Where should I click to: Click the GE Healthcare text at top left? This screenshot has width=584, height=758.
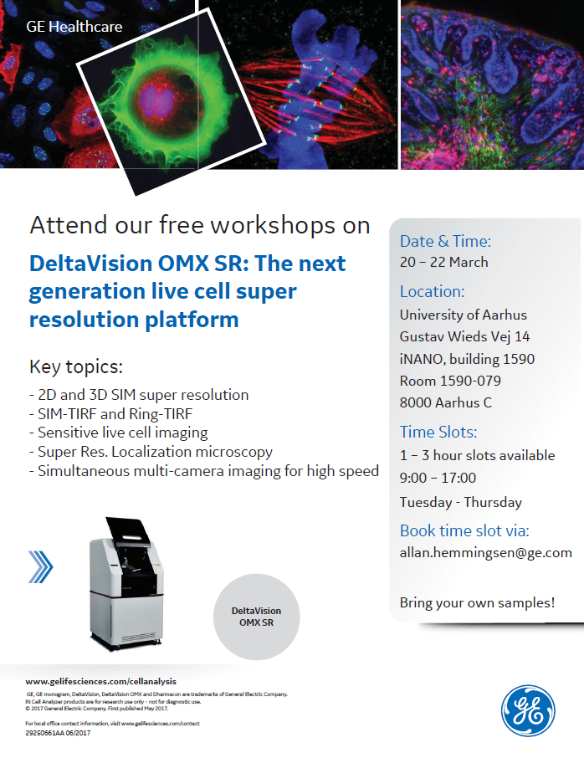(74, 27)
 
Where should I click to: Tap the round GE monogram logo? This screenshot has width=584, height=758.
(528, 710)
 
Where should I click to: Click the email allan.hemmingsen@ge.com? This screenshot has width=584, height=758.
(485, 552)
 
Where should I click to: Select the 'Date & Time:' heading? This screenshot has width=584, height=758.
(445, 242)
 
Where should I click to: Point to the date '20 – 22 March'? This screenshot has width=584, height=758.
(443, 262)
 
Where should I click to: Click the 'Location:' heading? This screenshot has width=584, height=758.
(432, 292)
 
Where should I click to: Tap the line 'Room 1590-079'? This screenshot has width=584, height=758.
(446, 381)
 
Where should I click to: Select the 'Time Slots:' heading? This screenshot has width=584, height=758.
(438, 432)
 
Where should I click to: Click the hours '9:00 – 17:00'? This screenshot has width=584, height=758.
(438, 478)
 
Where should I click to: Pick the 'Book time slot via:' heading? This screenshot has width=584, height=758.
(464, 530)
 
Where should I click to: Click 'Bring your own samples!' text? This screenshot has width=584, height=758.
(477, 602)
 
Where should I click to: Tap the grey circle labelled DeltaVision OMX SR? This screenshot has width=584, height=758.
(256, 617)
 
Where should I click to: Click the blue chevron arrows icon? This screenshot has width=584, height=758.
(40, 566)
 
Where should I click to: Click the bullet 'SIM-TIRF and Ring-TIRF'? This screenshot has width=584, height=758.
(117, 413)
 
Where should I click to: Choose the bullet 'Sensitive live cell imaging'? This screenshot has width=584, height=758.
(123, 433)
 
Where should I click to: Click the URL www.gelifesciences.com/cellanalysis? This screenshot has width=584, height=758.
(101, 681)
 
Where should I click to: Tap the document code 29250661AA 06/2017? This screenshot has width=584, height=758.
(58, 733)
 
